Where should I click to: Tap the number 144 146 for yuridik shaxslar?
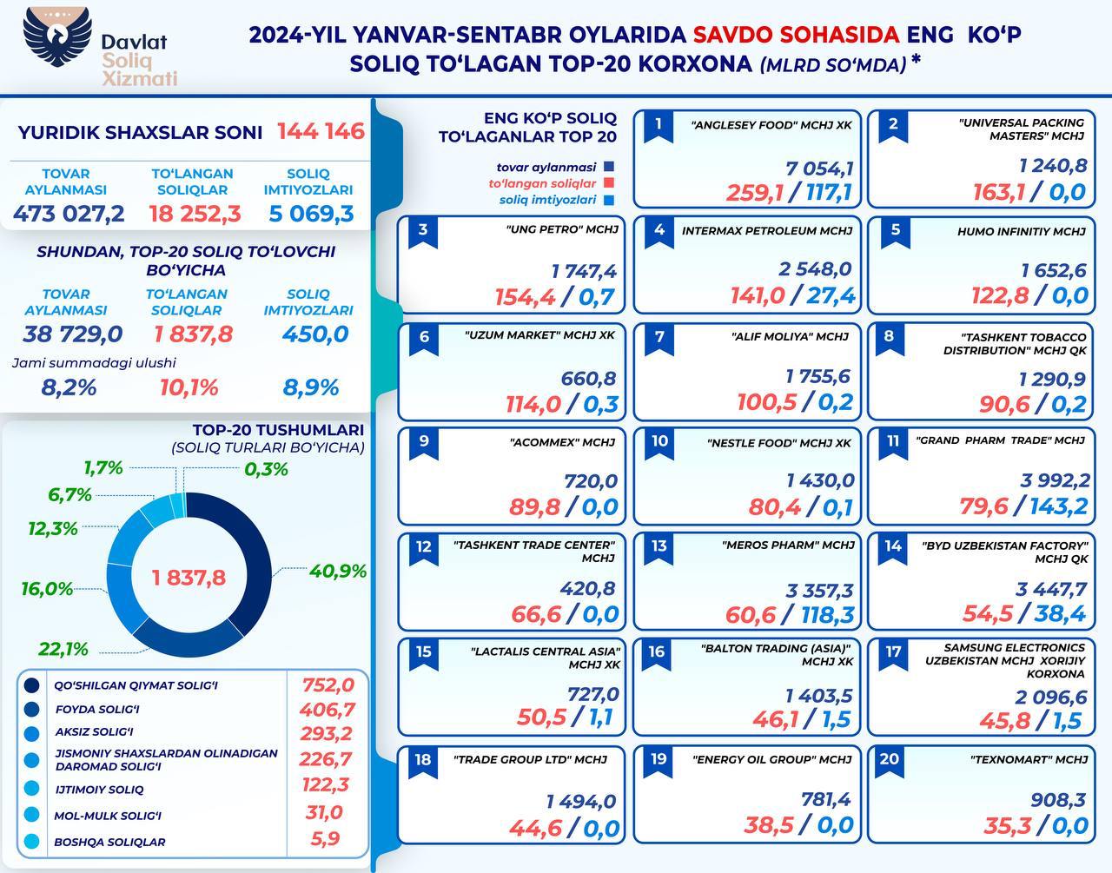[x=321, y=132]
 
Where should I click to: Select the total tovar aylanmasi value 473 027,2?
[x=69, y=213]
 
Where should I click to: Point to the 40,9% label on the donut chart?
[x=338, y=572]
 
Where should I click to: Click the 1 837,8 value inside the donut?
[x=189, y=578]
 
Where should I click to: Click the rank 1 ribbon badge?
[x=659, y=124]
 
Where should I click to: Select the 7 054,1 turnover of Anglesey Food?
[x=818, y=168]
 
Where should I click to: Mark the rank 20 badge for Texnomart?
[x=890, y=759]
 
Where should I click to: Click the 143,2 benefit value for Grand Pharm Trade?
[x=1058, y=506]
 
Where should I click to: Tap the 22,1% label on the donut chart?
[x=63, y=649]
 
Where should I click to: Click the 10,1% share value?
[x=189, y=387]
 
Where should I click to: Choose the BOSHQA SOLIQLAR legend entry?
[x=109, y=842]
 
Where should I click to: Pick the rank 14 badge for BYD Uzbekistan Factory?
[x=893, y=546]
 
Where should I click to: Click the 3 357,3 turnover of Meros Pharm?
[x=819, y=591]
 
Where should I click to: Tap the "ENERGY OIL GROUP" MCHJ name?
[x=771, y=759]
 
